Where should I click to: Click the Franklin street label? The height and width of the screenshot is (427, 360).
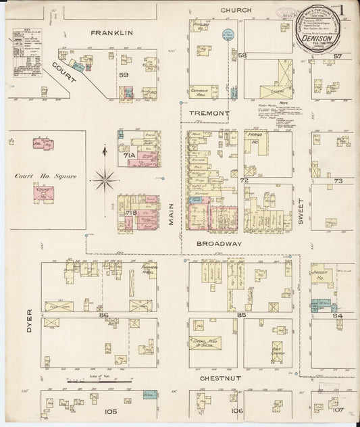[112, 32]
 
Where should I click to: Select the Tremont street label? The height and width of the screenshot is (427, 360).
[209, 113]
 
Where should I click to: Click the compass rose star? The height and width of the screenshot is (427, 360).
[104, 179]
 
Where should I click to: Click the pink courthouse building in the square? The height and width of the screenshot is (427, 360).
[44, 194]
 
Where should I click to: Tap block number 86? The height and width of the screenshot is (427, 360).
[103, 315]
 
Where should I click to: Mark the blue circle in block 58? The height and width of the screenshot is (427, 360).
[228, 33]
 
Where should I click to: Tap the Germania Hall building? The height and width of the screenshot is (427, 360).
[204, 91]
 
